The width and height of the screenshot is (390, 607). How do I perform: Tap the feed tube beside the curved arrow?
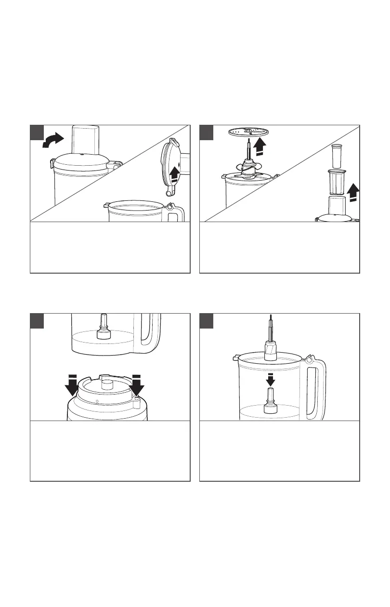[x=85, y=140]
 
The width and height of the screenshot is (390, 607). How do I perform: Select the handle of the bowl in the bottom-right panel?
[x=317, y=385]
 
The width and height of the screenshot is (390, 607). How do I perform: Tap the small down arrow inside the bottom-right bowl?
[x=270, y=379]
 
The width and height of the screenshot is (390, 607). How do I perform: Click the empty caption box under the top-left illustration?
[x=110, y=248]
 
